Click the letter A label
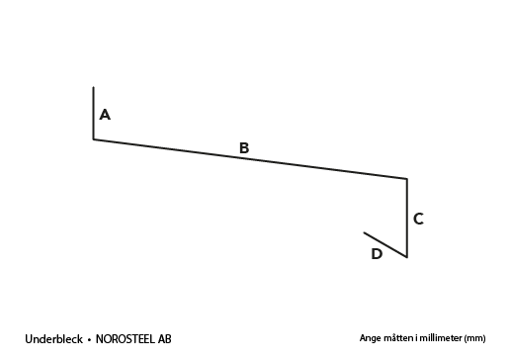(x=105, y=115)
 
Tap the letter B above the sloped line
(x=244, y=148)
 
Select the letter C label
(x=418, y=219)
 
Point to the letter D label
(x=377, y=254)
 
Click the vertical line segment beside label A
(x=94, y=113)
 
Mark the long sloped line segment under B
(x=250, y=159)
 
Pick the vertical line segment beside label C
(x=407, y=218)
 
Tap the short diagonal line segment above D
(x=385, y=244)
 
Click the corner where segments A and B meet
(x=94, y=139)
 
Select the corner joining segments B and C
(x=407, y=179)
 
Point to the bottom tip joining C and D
(x=407, y=257)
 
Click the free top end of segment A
(x=94, y=87)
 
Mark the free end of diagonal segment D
(x=364, y=232)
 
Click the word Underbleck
(x=53, y=339)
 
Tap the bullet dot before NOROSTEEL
(x=89, y=340)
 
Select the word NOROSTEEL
(x=125, y=339)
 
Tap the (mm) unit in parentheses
(x=474, y=338)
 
